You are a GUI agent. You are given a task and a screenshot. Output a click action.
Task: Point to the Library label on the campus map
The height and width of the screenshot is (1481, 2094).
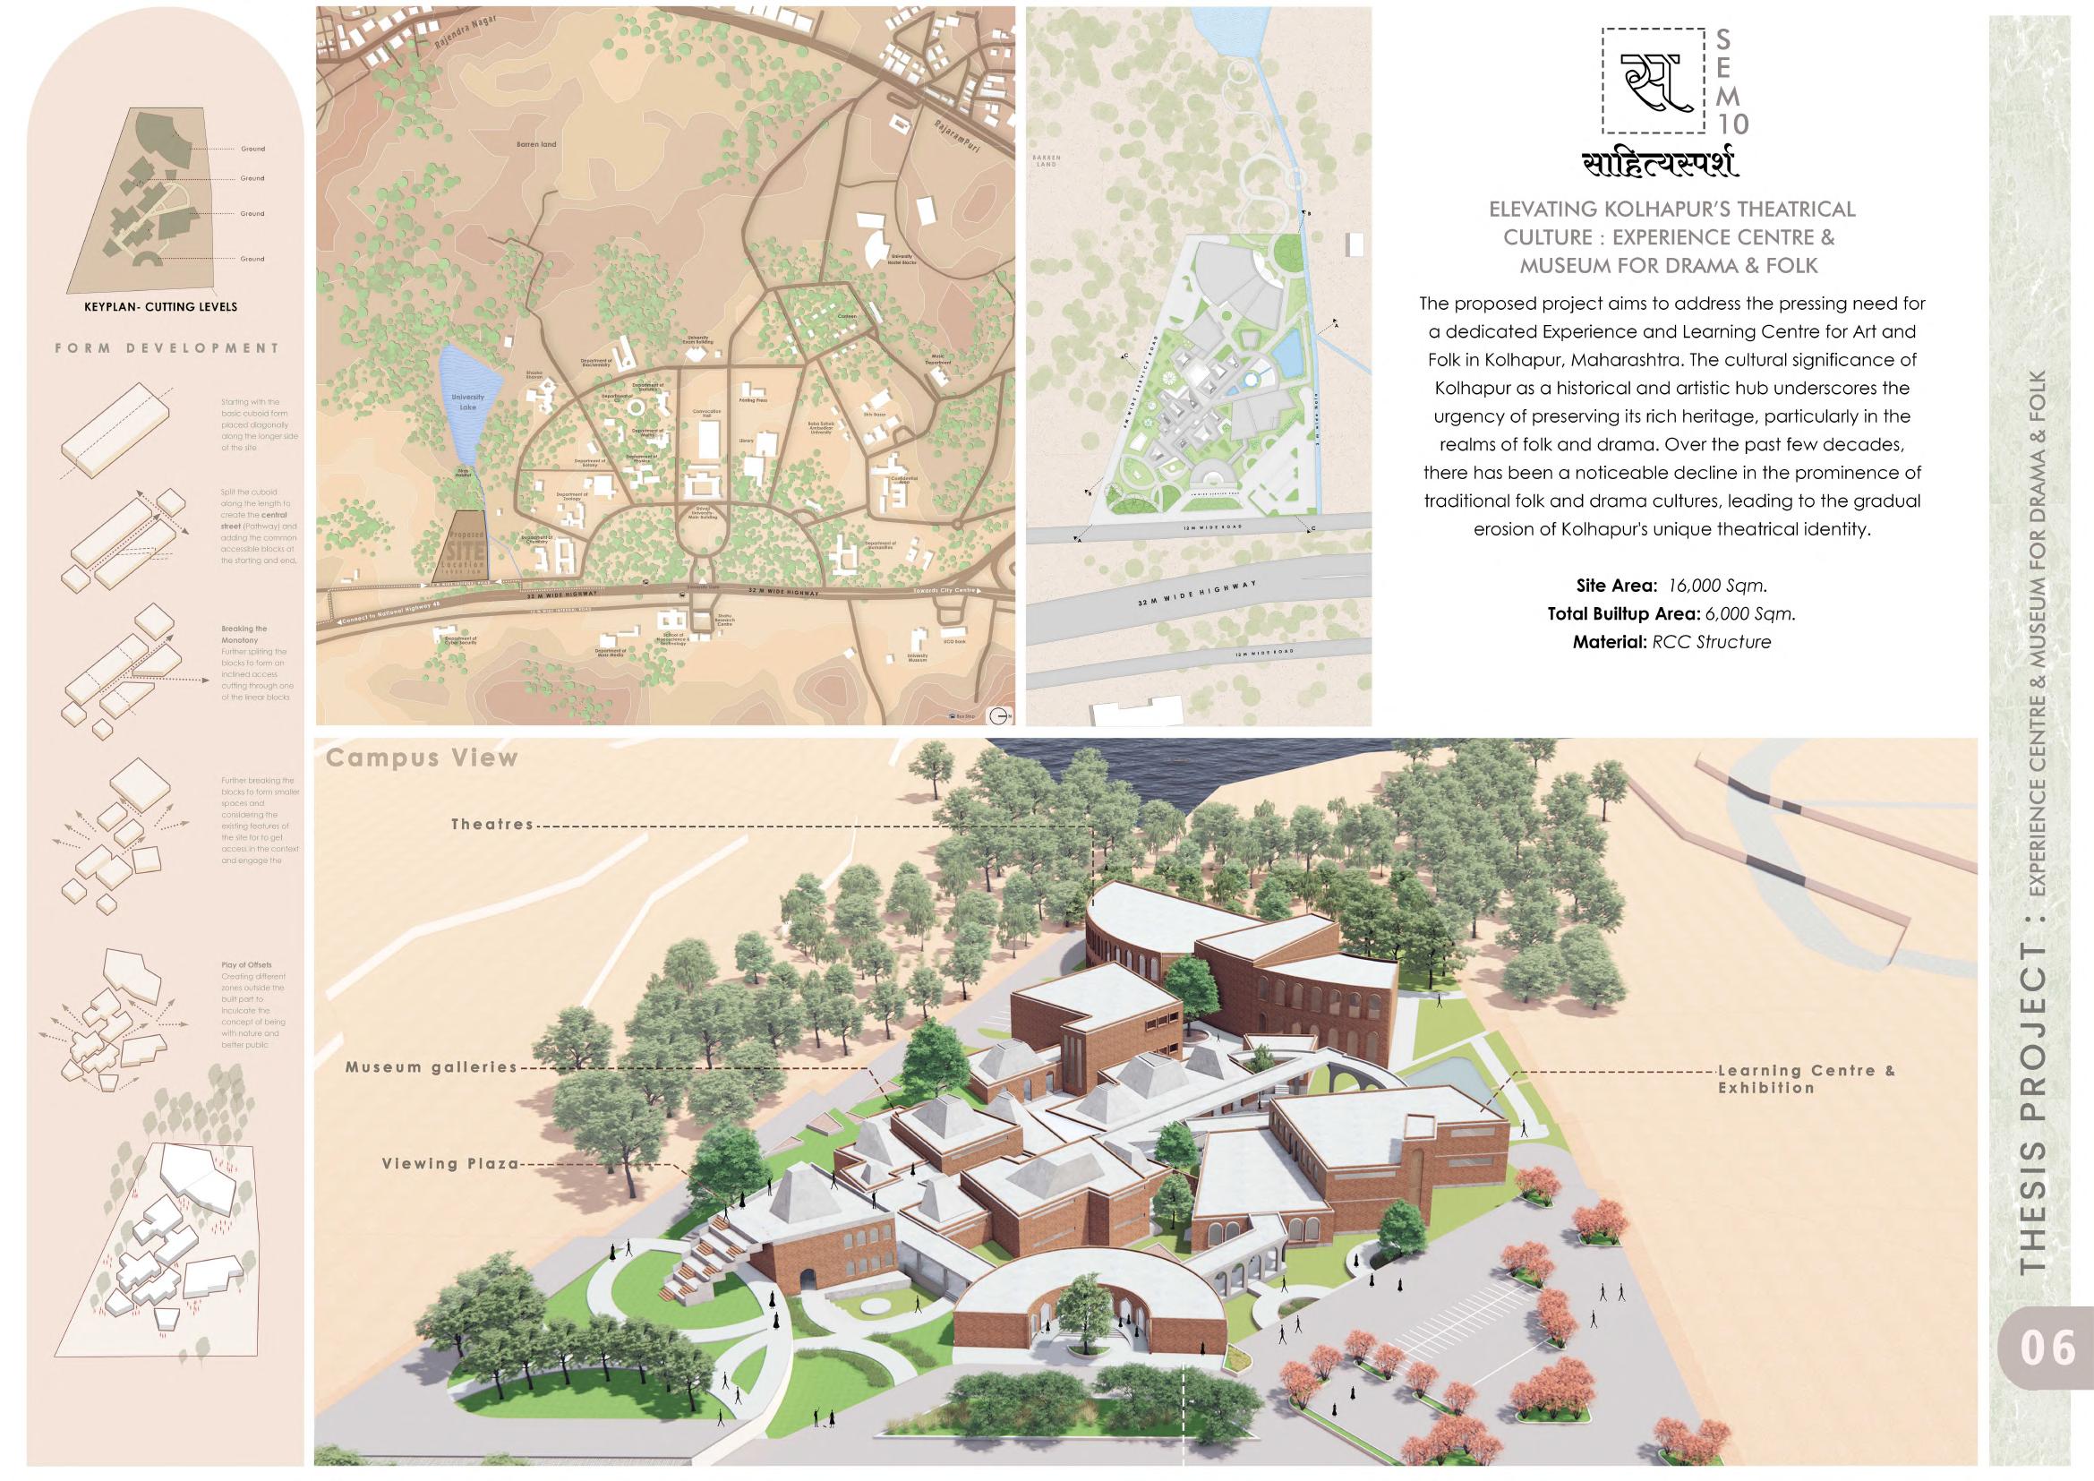(x=746, y=441)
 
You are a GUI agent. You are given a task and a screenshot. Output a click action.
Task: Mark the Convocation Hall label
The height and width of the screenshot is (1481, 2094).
(x=707, y=414)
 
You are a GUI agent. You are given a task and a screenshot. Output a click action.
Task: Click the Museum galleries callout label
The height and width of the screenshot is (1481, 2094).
(x=431, y=1067)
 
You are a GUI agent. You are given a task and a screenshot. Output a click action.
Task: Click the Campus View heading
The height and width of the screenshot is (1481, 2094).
(x=422, y=758)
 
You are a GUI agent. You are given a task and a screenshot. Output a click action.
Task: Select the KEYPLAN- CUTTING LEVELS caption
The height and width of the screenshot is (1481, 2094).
(x=160, y=307)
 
